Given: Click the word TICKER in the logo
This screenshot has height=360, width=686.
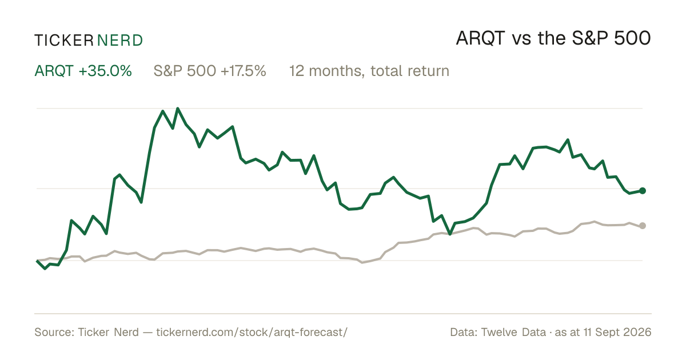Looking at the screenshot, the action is point(64,41).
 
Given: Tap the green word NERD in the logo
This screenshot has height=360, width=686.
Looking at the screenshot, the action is point(120,41).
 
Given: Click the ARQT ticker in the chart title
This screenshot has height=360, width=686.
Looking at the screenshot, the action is point(480,39).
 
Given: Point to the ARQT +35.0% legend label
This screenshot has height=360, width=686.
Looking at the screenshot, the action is point(83,71).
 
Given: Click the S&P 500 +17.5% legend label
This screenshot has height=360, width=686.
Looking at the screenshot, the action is point(210,71).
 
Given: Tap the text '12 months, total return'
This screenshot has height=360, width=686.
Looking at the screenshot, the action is point(369,71).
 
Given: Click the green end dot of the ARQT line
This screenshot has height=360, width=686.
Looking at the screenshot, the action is point(643,191).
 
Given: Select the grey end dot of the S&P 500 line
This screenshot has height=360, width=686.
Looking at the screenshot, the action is point(643,226).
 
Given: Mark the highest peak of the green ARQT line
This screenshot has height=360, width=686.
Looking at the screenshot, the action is point(178,109).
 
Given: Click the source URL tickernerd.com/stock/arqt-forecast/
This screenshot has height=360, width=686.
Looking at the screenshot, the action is point(252,332).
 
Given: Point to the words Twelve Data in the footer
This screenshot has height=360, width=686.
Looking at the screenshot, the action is point(513,332).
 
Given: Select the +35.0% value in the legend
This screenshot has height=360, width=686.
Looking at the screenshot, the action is point(105,71).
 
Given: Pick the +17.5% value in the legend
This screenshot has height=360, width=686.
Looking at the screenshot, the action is point(243,71).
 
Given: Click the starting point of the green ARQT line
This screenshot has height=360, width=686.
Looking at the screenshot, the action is point(37,261).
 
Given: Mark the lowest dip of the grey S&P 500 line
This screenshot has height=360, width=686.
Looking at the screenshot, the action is point(362,263).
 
